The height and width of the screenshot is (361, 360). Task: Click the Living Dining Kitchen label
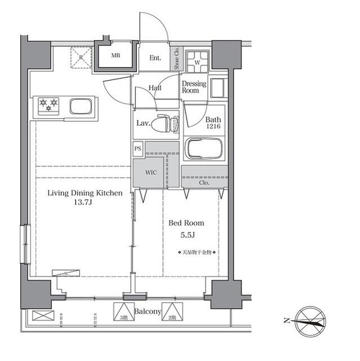pos(85,193)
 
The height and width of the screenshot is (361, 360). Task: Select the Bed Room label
pos(186,223)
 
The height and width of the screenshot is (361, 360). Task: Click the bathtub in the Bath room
pos(205,148)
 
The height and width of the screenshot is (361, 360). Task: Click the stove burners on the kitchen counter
pos(48,104)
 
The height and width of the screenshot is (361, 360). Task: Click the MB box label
pos(115,56)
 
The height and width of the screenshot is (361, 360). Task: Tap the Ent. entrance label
pos(155,58)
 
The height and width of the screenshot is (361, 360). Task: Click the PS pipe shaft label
pos(138,149)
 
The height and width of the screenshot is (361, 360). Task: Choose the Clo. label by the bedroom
pos(204,183)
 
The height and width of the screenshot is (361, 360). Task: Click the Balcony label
pos(148,311)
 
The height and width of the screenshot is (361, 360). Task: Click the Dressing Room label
pos(194,87)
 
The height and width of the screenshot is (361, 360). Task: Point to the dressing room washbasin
pos(217,88)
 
